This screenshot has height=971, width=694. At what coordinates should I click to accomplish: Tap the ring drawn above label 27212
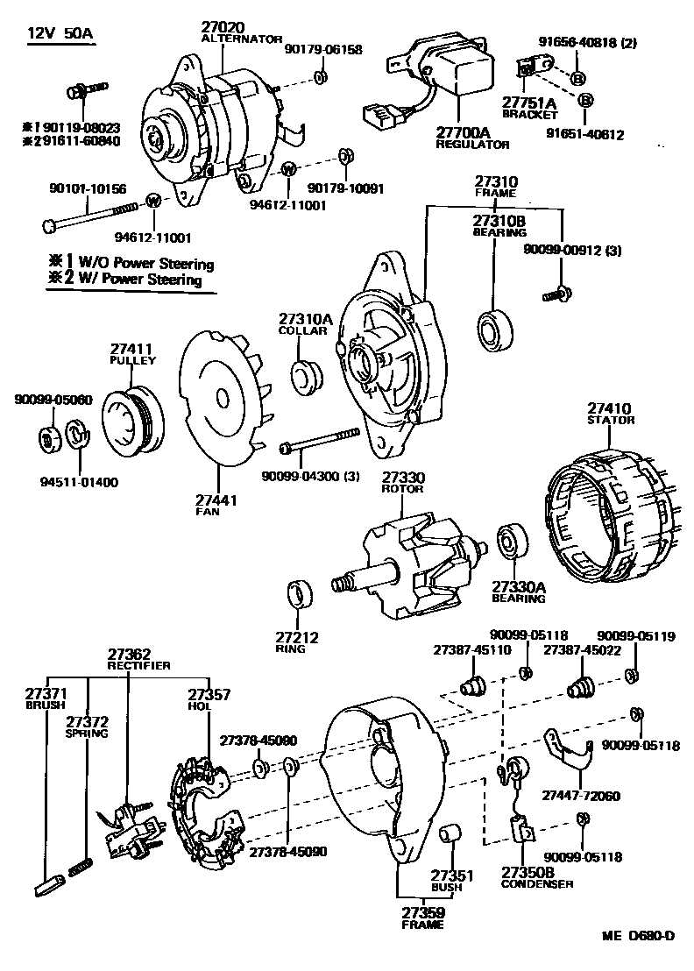pos(301,593)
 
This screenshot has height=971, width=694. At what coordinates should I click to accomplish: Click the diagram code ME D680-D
pos(637,936)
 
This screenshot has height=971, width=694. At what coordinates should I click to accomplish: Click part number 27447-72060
pos(580,796)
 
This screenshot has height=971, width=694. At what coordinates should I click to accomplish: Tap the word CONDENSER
pos(537,884)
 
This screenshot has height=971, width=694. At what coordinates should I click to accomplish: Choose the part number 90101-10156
pos(88,188)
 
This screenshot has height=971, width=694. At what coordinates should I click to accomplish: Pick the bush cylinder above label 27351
pos(450,834)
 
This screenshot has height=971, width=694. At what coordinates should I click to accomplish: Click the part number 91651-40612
pos(584,134)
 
